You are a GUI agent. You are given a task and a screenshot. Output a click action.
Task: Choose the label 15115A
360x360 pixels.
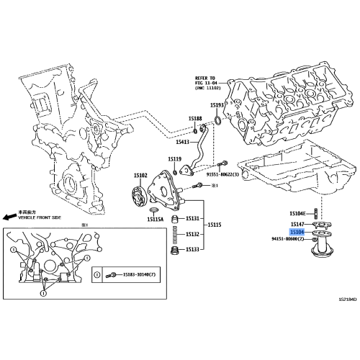point(156,219)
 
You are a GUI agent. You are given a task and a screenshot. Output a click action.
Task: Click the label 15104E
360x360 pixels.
point(299,213)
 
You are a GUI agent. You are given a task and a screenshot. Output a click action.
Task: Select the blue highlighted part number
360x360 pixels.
point(297,233)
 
